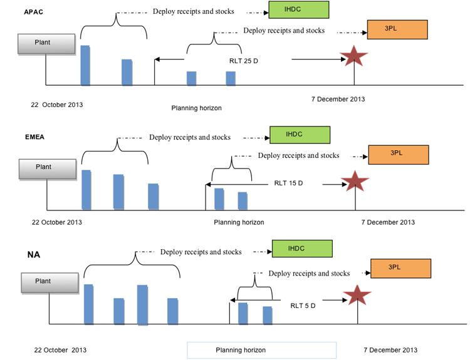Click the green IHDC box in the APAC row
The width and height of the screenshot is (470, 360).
point(298,9)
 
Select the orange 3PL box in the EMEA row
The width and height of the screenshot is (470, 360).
point(399,155)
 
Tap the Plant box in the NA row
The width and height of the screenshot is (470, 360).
point(50,283)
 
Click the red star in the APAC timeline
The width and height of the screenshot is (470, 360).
point(353,56)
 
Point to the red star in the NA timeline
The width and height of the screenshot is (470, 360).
point(357,296)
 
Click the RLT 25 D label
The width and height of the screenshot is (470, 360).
point(243,61)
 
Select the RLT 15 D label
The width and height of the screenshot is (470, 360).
point(288,183)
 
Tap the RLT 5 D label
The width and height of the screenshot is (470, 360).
point(303,306)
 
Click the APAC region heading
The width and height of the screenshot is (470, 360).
point(34,12)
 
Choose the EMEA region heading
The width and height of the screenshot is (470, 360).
point(34,137)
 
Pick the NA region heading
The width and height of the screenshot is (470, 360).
point(34,255)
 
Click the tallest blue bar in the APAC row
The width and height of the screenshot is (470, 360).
point(85,65)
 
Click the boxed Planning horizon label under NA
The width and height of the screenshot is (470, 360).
point(262,350)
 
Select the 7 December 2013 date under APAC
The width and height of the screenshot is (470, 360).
point(338,99)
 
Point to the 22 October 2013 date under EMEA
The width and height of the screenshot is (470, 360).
point(57,222)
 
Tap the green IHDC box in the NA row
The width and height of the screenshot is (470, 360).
point(302,249)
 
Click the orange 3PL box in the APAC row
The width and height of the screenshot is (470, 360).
point(397,29)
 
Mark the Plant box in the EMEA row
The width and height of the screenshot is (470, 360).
point(48,169)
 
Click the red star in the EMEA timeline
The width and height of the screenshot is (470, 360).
point(355,181)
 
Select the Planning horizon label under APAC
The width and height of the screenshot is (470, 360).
point(196,108)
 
